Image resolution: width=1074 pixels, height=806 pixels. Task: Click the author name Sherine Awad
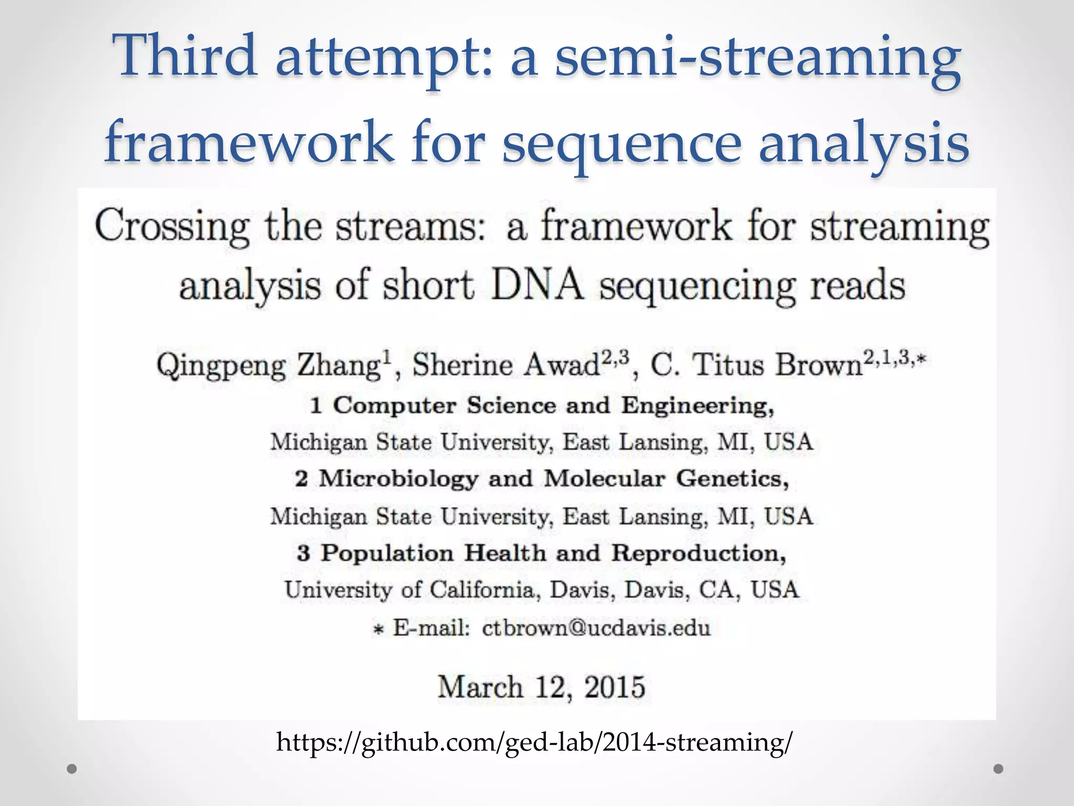[x=507, y=366]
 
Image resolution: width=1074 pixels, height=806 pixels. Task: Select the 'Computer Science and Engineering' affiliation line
[x=543, y=405]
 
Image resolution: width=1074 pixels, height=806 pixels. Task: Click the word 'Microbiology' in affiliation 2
[x=399, y=479]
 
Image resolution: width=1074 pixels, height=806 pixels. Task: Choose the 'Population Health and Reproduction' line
[x=542, y=553]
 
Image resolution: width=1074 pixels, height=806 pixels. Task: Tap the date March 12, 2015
[x=541, y=687]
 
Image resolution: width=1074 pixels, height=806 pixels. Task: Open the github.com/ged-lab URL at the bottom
[x=534, y=742]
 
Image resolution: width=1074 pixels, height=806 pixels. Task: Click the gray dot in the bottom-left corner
[x=72, y=769]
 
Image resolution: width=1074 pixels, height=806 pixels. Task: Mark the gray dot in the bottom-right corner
[x=998, y=769]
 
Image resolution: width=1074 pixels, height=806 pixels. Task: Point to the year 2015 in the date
[x=614, y=687]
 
